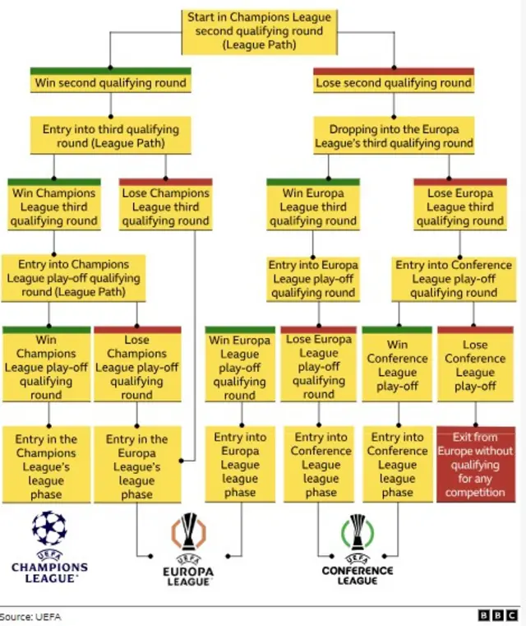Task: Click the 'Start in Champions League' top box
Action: tap(260, 32)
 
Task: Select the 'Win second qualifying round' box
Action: tap(110, 81)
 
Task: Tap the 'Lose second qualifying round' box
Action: tap(394, 81)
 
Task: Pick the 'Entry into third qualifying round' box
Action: tap(110, 136)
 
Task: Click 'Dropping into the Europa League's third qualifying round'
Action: tap(394, 136)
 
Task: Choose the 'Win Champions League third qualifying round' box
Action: tap(54, 205)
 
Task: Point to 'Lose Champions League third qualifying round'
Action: tap(165, 205)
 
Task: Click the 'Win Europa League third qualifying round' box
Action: tap(313, 205)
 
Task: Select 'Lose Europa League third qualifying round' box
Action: tap(460, 205)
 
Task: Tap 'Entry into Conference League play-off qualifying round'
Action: tap(454, 279)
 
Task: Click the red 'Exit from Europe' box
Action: tap(476, 464)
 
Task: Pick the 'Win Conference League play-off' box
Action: tap(397, 364)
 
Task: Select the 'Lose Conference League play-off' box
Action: tap(475, 364)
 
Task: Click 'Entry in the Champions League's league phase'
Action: tap(46, 465)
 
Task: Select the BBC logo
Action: tap(498, 615)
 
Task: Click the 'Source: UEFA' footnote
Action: tap(30, 617)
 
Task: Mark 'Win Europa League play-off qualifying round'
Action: tap(240, 364)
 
